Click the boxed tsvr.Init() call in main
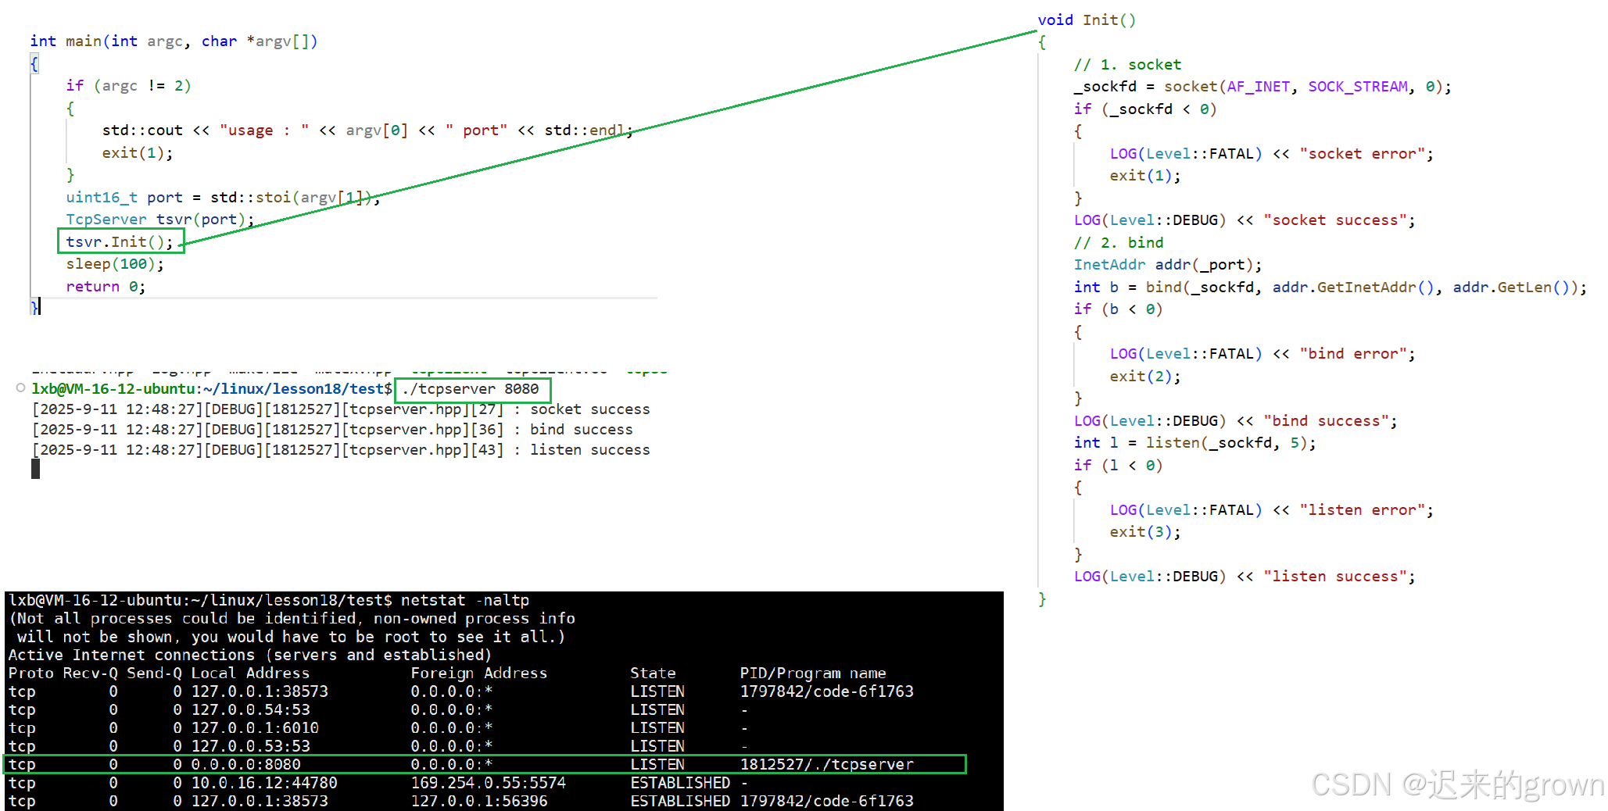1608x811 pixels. tap(120, 241)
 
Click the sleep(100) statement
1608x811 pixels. tap(114, 264)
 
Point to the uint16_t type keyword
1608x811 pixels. tap(101, 198)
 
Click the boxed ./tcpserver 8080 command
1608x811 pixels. tap(471, 389)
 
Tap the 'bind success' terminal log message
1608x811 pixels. tap(581, 430)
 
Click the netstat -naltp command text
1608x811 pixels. tap(464, 600)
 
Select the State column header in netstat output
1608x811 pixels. tap(653, 673)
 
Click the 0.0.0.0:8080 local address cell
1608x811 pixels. tap(245, 764)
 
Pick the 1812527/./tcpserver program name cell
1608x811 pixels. tap(826, 764)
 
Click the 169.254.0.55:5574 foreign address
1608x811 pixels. tap(488, 782)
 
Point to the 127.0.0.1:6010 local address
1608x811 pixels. tap(255, 727)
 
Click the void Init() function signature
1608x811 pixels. tap(1086, 20)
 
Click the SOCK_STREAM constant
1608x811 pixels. tap(1357, 87)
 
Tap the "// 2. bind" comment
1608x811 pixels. tap(1118, 243)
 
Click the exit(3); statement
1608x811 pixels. tap(1144, 532)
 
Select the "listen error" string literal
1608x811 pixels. tap(1363, 510)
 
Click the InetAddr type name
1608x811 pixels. tap(1108, 265)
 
